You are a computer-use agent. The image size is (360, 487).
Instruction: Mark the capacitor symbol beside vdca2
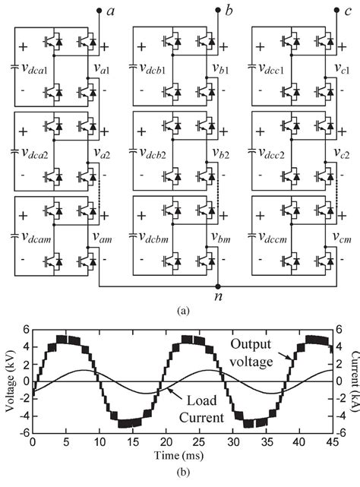pos(14,151)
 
